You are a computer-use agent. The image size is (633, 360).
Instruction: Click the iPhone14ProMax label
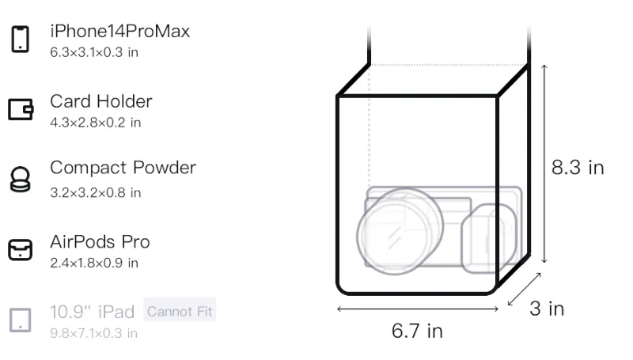[x=120, y=32]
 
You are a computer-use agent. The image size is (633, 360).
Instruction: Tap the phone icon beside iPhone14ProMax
[x=21, y=39]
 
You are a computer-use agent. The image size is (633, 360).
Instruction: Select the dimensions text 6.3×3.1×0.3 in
[x=94, y=52]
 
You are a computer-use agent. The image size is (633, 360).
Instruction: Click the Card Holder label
[x=101, y=101]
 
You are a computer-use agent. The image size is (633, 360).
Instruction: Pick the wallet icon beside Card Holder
[x=21, y=109]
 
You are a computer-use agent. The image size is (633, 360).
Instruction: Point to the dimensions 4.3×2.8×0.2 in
[x=95, y=123]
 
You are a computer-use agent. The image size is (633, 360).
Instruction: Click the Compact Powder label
[x=123, y=168]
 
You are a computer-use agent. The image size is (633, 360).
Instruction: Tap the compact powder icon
[x=21, y=179]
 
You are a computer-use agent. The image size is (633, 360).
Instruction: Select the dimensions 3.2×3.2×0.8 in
[x=95, y=193]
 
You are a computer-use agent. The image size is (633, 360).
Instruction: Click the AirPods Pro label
[x=100, y=242]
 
